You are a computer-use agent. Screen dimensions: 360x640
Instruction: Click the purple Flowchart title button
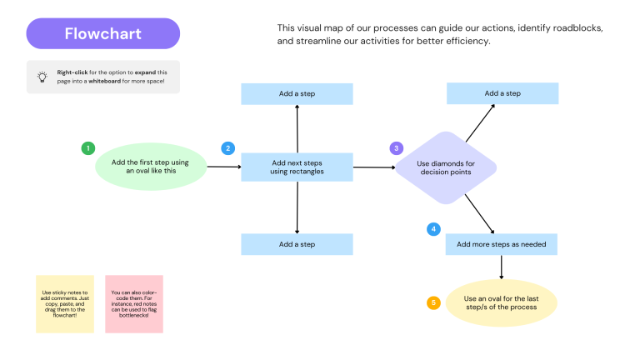point(102,33)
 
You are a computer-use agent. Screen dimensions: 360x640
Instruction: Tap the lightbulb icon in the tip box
point(42,77)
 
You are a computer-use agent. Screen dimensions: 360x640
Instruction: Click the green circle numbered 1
point(87,148)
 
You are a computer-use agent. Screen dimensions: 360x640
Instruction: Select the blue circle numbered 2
point(227,148)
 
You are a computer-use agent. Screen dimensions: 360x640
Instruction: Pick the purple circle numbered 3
point(396,148)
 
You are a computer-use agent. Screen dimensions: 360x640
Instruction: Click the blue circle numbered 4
point(432,228)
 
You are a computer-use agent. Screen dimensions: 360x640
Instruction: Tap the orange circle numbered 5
point(432,302)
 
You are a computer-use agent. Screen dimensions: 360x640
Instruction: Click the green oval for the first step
point(152,167)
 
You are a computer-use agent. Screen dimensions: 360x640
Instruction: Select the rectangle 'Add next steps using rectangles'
point(297,167)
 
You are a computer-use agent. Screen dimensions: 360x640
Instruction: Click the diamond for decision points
point(445,167)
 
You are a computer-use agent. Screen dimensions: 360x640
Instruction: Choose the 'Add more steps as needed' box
point(502,244)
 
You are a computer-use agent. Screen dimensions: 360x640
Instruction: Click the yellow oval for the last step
point(501,302)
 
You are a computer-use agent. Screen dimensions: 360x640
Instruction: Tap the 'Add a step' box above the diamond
point(502,93)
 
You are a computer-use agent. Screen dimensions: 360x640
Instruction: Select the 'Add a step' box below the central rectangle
point(297,244)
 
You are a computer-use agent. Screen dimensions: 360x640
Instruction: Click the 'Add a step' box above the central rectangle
point(297,94)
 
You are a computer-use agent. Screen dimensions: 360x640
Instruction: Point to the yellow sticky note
point(65,304)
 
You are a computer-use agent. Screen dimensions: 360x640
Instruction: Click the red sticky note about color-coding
point(134,304)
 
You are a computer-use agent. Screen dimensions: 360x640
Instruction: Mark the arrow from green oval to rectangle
point(223,167)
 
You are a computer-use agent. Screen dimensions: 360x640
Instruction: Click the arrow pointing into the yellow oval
point(502,267)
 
